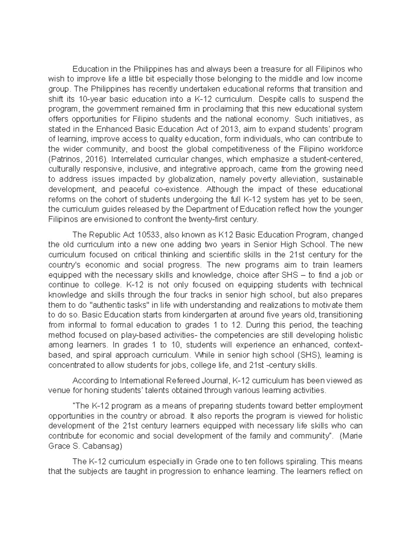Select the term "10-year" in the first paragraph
click(x=78, y=99)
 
